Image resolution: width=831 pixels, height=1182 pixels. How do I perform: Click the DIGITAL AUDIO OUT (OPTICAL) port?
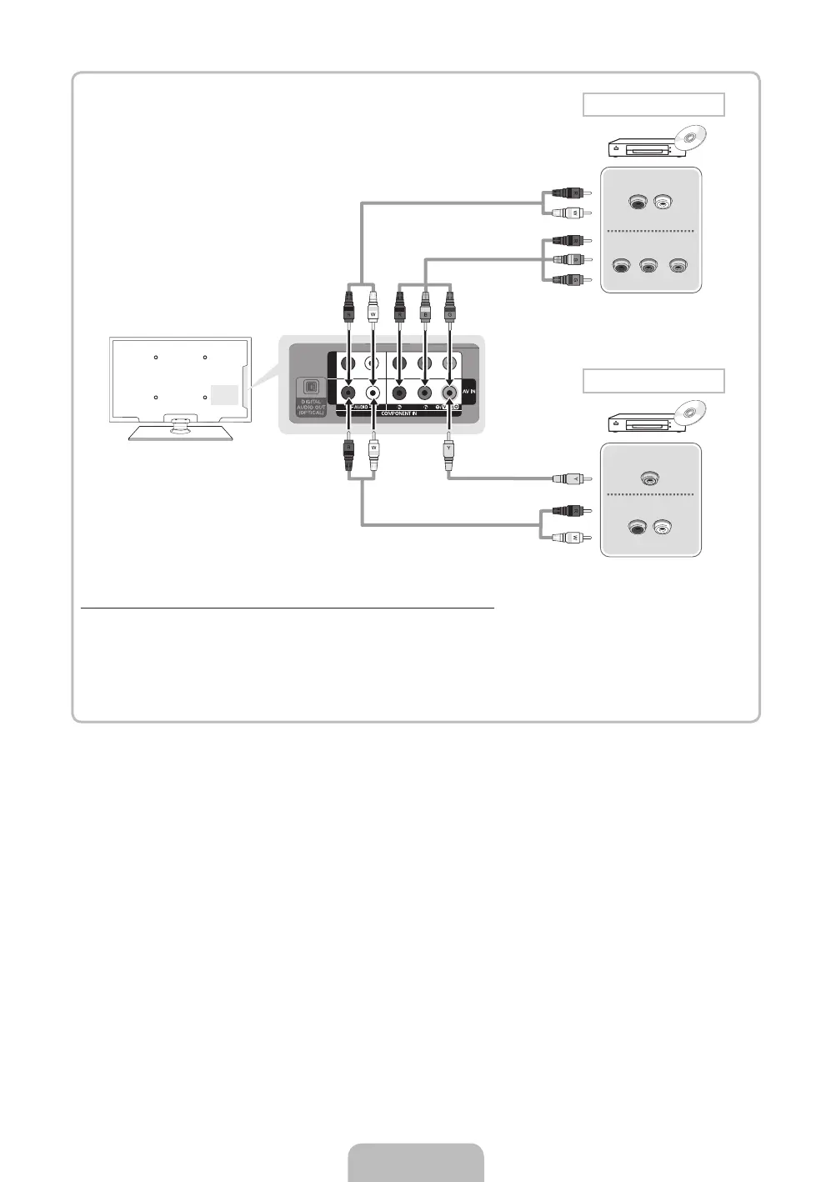310,388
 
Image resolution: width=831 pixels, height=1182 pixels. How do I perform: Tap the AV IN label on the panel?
468,391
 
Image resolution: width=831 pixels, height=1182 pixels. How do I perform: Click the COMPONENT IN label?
398,413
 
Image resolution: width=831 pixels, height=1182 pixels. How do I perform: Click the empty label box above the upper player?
653,105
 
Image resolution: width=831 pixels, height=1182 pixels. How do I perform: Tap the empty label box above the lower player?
653,381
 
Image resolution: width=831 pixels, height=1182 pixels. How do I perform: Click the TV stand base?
180,432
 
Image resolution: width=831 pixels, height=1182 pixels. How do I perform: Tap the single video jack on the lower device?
649,478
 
